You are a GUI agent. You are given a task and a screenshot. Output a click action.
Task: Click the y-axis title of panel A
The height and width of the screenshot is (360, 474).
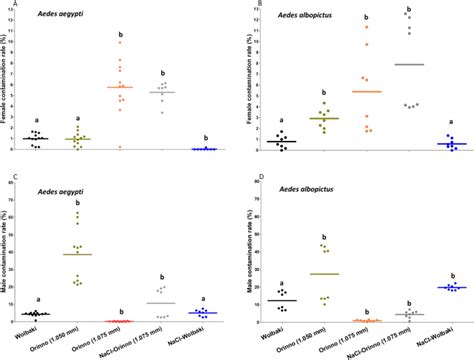pos(8,85)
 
